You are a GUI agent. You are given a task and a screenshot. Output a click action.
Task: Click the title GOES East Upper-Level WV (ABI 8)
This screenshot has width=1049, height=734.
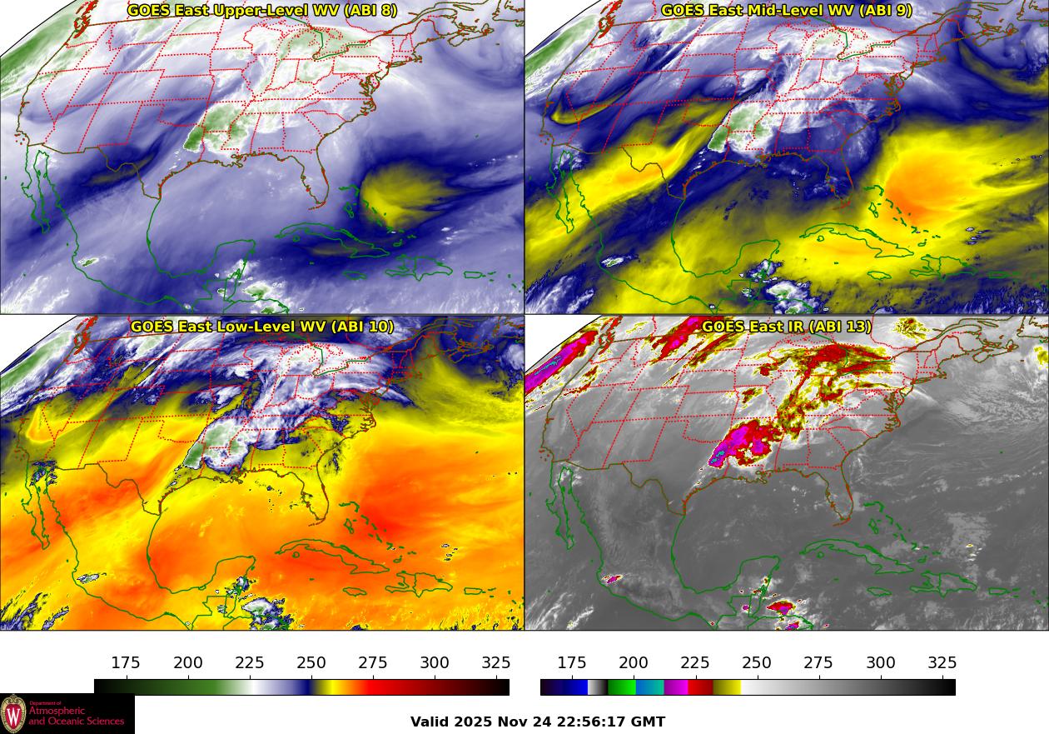(262, 11)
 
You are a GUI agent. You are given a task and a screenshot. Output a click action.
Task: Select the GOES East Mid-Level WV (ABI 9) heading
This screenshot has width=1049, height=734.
(787, 11)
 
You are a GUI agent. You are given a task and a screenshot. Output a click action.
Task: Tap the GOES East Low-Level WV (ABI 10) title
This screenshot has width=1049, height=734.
(262, 327)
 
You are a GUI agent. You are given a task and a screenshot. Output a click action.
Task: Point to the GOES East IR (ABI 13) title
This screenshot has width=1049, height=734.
(787, 327)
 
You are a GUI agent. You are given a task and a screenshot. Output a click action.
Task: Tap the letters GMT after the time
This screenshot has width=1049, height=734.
(649, 722)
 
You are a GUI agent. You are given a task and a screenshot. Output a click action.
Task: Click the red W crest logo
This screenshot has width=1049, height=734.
(13, 714)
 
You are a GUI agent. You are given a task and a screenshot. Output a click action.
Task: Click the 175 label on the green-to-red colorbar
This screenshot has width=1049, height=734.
(126, 663)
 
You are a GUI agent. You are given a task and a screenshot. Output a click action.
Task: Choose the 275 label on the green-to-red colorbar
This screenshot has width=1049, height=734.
(373, 663)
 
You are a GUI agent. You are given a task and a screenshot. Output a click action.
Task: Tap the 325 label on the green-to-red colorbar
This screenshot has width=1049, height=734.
(496, 663)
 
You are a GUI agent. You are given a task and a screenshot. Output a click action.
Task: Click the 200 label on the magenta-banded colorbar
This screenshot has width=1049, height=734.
(634, 663)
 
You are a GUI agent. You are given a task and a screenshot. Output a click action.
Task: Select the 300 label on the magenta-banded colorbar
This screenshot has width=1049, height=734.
(881, 663)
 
